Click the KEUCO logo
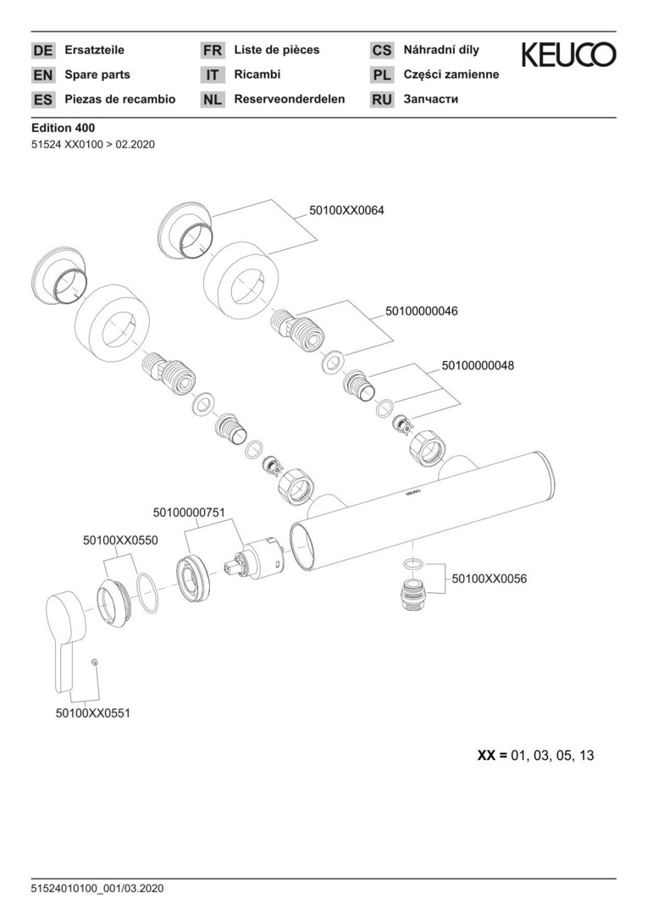pyautogui.click(x=568, y=56)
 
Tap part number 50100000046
pyautogui.click(x=421, y=311)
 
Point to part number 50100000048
pyautogui.click(x=478, y=366)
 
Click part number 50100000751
pyautogui.click(x=189, y=512)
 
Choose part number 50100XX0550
pyautogui.click(x=120, y=540)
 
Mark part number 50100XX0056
pyautogui.click(x=489, y=579)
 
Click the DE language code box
pyautogui.click(x=42, y=51)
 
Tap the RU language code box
pyautogui.click(x=382, y=100)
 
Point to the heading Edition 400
pyautogui.click(x=63, y=128)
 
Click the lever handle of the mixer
pyautogui.click(x=64, y=631)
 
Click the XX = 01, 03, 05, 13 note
pyautogui.click(x=535, y=755)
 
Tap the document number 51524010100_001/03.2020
pyautogui.click(x=97, y=889)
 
